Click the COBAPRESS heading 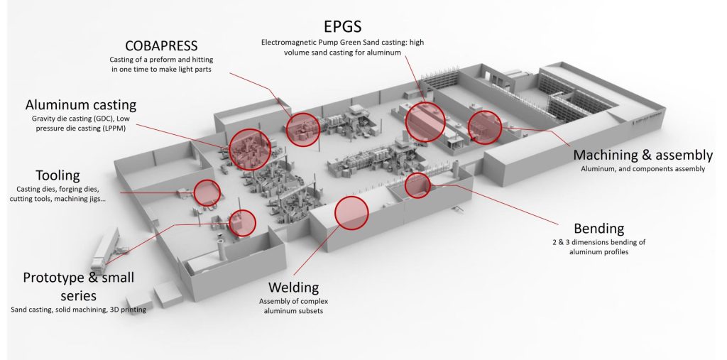162,45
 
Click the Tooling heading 58,175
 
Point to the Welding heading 293,287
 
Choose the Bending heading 598,228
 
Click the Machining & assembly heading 643,155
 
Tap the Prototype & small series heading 78,285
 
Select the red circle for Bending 417,185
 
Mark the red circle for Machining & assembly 485,127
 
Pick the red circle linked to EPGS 425,121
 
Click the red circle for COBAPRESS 304,129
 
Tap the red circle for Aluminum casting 249,148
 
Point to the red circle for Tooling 207,192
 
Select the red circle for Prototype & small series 243,223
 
